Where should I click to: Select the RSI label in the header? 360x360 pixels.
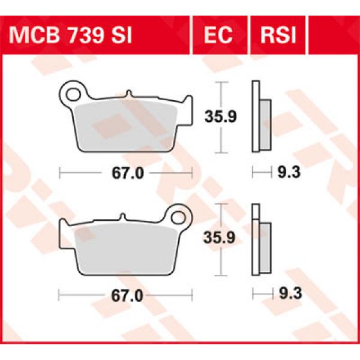click(278, 36)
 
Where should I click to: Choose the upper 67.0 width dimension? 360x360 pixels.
click(127, 173)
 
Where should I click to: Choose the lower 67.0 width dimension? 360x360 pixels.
click(127, 295)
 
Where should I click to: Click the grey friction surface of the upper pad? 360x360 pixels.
click(126, 123)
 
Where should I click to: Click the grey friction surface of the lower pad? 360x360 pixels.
click(126, 246)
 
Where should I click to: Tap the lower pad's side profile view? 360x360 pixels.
click(260, 240)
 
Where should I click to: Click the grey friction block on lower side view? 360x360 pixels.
click(265, 246)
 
